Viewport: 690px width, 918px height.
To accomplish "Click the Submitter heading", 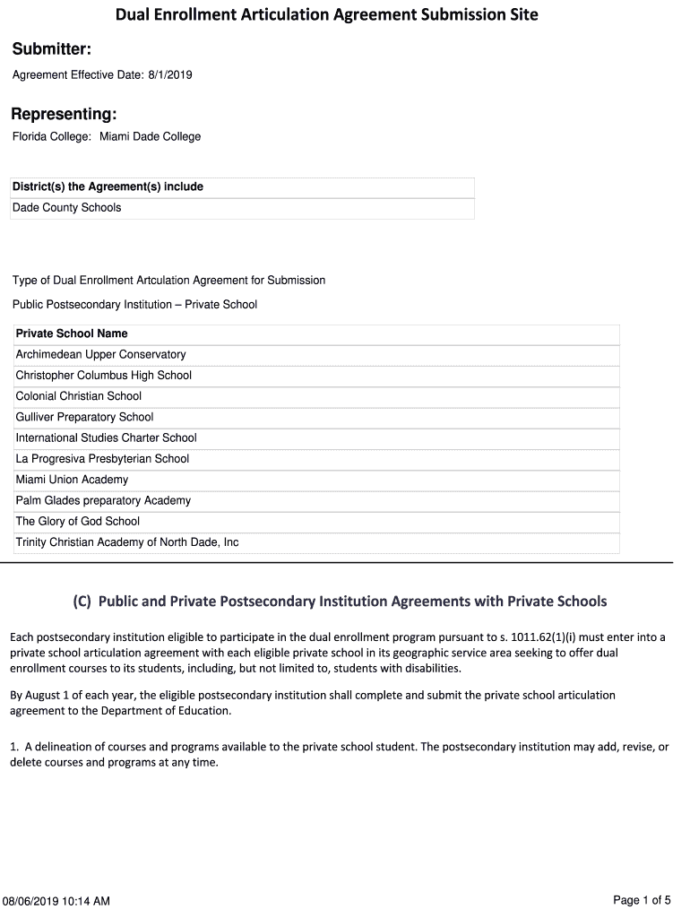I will tap(51, 48).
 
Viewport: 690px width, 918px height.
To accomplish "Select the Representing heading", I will tap(64, 114).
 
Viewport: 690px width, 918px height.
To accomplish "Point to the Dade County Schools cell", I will tap(66, 207).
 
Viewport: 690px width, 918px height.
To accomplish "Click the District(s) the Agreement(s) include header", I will tap(108, 186).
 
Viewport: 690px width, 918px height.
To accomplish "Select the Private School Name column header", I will tap(72, 333).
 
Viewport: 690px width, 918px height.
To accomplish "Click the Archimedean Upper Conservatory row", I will tap(100, 354).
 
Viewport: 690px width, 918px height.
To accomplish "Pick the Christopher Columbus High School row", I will tap(103, 375).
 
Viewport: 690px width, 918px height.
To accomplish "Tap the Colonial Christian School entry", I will tap(78, 395).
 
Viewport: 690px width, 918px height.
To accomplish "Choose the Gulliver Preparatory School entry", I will tap(84, 417).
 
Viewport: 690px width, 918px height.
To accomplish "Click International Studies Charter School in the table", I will tap(106, 437).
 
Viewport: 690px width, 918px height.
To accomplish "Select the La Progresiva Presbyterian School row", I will tap(102, 458).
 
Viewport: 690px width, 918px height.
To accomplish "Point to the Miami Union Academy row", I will tap(72, 480).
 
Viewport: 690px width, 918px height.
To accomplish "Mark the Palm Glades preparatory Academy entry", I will tap(103, 500).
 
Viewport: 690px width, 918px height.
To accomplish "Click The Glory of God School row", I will tap(78, 521).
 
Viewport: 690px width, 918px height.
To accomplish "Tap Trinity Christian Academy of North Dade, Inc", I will tap(126, 541).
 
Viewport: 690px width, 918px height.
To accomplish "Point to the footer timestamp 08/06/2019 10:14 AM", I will tap(56, 900).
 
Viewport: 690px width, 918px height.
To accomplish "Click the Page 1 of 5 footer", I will tap(642, 899).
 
